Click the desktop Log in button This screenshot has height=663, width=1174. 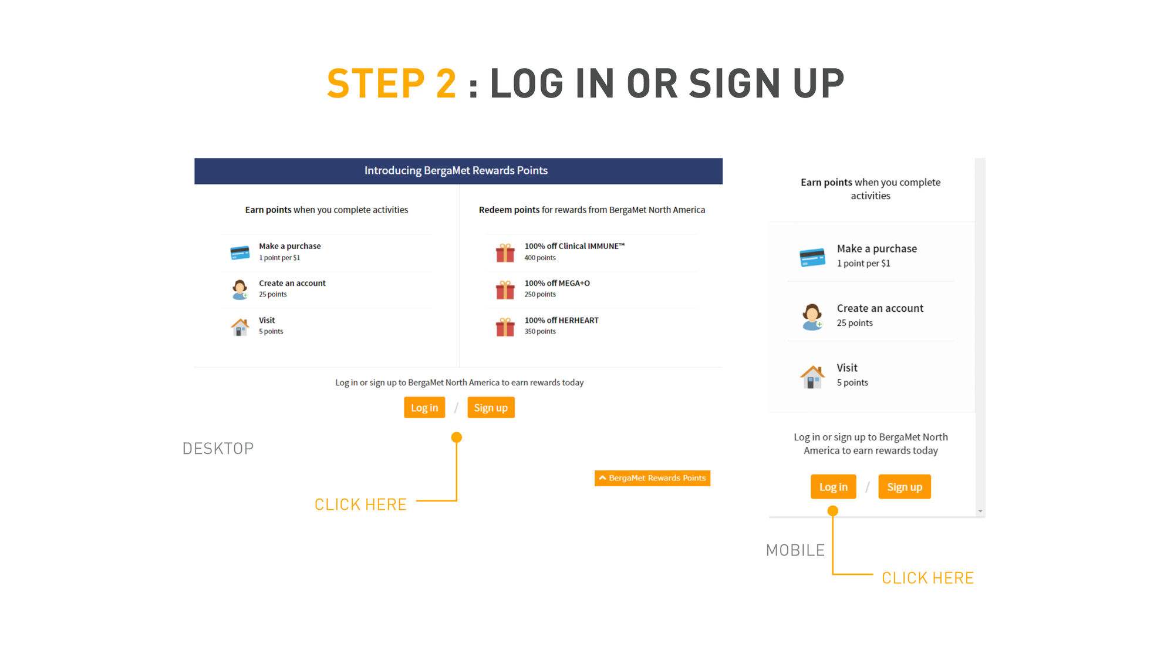click(x=424, y=408)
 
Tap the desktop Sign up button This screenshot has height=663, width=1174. click(x=491, y=408)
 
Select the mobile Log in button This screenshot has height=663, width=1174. click(x=834, y=487)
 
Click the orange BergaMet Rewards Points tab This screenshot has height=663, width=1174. click(x=652, y=478)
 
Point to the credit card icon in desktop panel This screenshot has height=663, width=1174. click(x=240, y=253)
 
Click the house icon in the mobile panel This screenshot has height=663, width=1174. click(x=812, y=376)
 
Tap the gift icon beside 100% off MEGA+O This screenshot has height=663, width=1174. click(x=505, y=290)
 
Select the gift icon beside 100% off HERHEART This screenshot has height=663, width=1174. click(x=505, y=327)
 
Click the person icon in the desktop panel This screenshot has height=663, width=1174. click(x=239, y=290)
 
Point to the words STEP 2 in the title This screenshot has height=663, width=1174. click(x=392, y=83)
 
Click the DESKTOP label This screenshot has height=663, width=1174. click(x=218, y=449)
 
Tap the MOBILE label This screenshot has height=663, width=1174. click(x=795, y=550)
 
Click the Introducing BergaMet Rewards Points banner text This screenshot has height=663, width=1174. click(x=456, y=170)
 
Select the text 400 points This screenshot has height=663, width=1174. click(x=540, y=258)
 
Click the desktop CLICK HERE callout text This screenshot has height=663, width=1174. click(x=360, y=504)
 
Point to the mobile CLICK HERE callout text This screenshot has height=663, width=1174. click(x=927, y=578)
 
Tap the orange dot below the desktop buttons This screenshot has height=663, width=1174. click(x=457, y=437)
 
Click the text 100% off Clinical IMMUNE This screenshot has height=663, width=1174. click(x=574, y=246)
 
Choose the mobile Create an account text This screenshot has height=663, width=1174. click(x=880, y=308)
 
